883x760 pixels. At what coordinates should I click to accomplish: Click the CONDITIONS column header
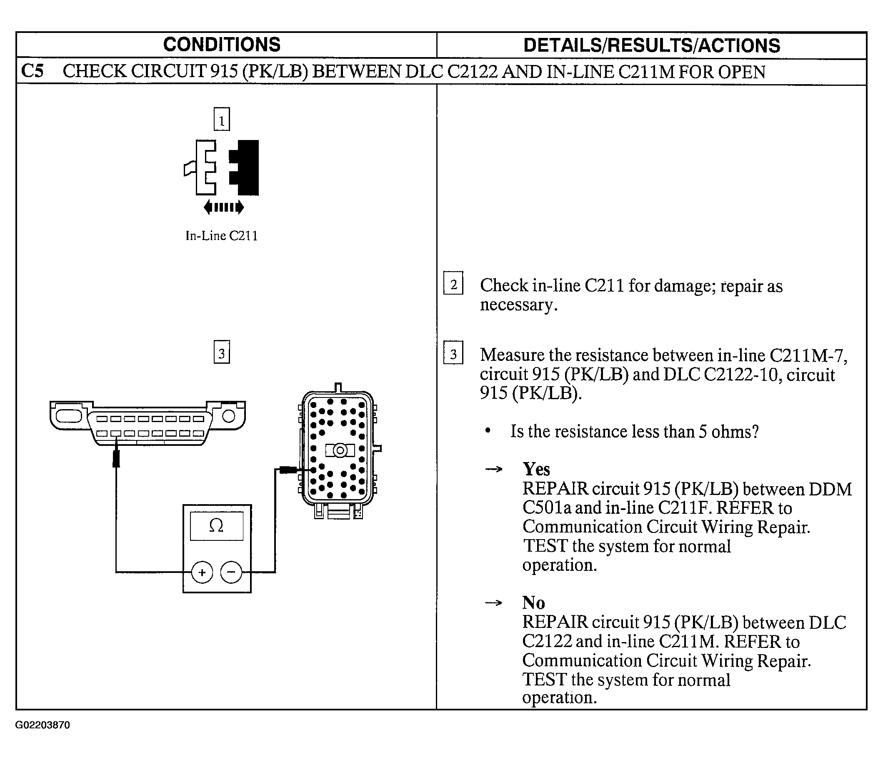pyautogui.click(x=222, y=45)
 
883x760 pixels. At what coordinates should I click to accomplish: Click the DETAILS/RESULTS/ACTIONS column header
pyautogui.click(x=652, y=45)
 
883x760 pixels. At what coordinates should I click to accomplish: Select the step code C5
pyautogui.click(x=33, y=71)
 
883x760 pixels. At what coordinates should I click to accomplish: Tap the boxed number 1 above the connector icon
pyautogui.click(x=222, y=119)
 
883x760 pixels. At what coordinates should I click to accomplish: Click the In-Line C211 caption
pyautogui.click(x=222, y=235)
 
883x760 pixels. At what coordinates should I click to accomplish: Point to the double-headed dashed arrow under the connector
pyautogui.click(x=224, y=207)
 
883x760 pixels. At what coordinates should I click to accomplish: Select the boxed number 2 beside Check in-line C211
pyautogui.click(x=453, y=283)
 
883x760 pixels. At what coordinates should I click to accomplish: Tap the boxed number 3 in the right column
pyautogui.click(x=453, y=353)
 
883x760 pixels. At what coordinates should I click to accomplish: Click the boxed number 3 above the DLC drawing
pyautogui.click(x=222, y=352)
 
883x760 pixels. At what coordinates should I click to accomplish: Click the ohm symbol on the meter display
pyautogui.click(x=217, y=526)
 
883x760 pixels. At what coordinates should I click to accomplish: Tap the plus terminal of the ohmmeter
pyautogui.click(x=202, y=572)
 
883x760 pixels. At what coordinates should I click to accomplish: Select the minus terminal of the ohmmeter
pyautogui.click(x=231, y=572)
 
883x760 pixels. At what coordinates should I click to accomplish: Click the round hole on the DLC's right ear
pyautogui.click(x=229, y=415)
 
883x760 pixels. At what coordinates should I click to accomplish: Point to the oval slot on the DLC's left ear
pyautogui.click(x=68, y=415)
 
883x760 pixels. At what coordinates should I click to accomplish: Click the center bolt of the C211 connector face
pyautogui.click(x=340, y=450)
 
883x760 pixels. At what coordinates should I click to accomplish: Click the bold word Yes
pyautogui.click(x=536, y=469)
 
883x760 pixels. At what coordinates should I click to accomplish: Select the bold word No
pyautogui.click(x=533, y=603)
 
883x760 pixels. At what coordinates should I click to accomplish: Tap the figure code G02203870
pyautogui.click(x=43, y=725)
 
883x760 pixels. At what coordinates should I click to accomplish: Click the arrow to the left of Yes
pyautogui.click(x=494, y=470)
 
